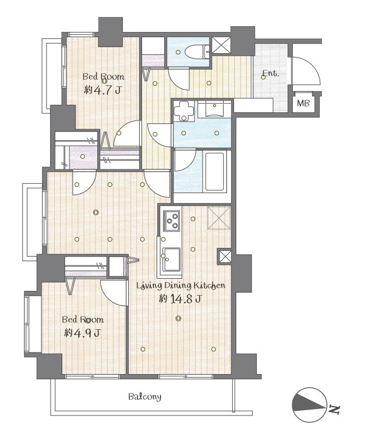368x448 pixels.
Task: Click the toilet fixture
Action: [197, 51]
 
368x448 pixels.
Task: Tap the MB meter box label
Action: [303, 103]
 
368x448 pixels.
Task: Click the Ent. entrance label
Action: [271, 73]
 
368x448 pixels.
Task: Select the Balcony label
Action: [144, 397]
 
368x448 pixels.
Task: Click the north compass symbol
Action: [309, 404]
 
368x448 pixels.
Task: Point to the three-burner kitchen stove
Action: [172, 221]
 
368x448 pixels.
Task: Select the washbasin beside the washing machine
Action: [214, 110]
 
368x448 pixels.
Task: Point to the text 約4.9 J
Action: [82, 333]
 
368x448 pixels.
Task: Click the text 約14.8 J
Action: [181, 299]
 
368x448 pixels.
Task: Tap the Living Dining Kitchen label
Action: [181, 286]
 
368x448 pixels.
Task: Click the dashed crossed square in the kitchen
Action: [219, 218]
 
